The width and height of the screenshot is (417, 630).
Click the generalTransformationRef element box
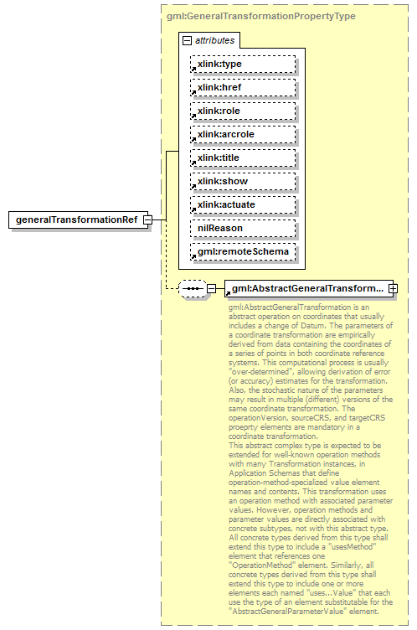click(76, 219)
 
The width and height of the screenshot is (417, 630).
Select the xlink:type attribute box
click(242, 64)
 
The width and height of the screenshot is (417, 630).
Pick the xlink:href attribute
click(242, 87)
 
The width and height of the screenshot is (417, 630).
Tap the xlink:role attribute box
click(242, 111)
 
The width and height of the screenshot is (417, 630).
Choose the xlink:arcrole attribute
click(242, 134)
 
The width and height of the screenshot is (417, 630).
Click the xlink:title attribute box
click(242, 157)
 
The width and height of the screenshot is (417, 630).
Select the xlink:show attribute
click(242, 181)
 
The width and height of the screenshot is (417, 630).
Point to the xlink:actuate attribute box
click(242, 204)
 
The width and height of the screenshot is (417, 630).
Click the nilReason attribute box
click(242, 228)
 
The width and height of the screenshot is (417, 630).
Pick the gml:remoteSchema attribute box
click(242, 251)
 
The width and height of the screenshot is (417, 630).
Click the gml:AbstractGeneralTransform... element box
click(306, 289)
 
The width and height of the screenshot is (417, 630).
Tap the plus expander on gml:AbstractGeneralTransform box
click(392, 289)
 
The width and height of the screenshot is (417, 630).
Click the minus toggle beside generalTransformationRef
click(147, 219)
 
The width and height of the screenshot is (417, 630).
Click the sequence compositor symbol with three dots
click(193, 289)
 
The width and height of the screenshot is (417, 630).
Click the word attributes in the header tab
click(215, 39)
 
